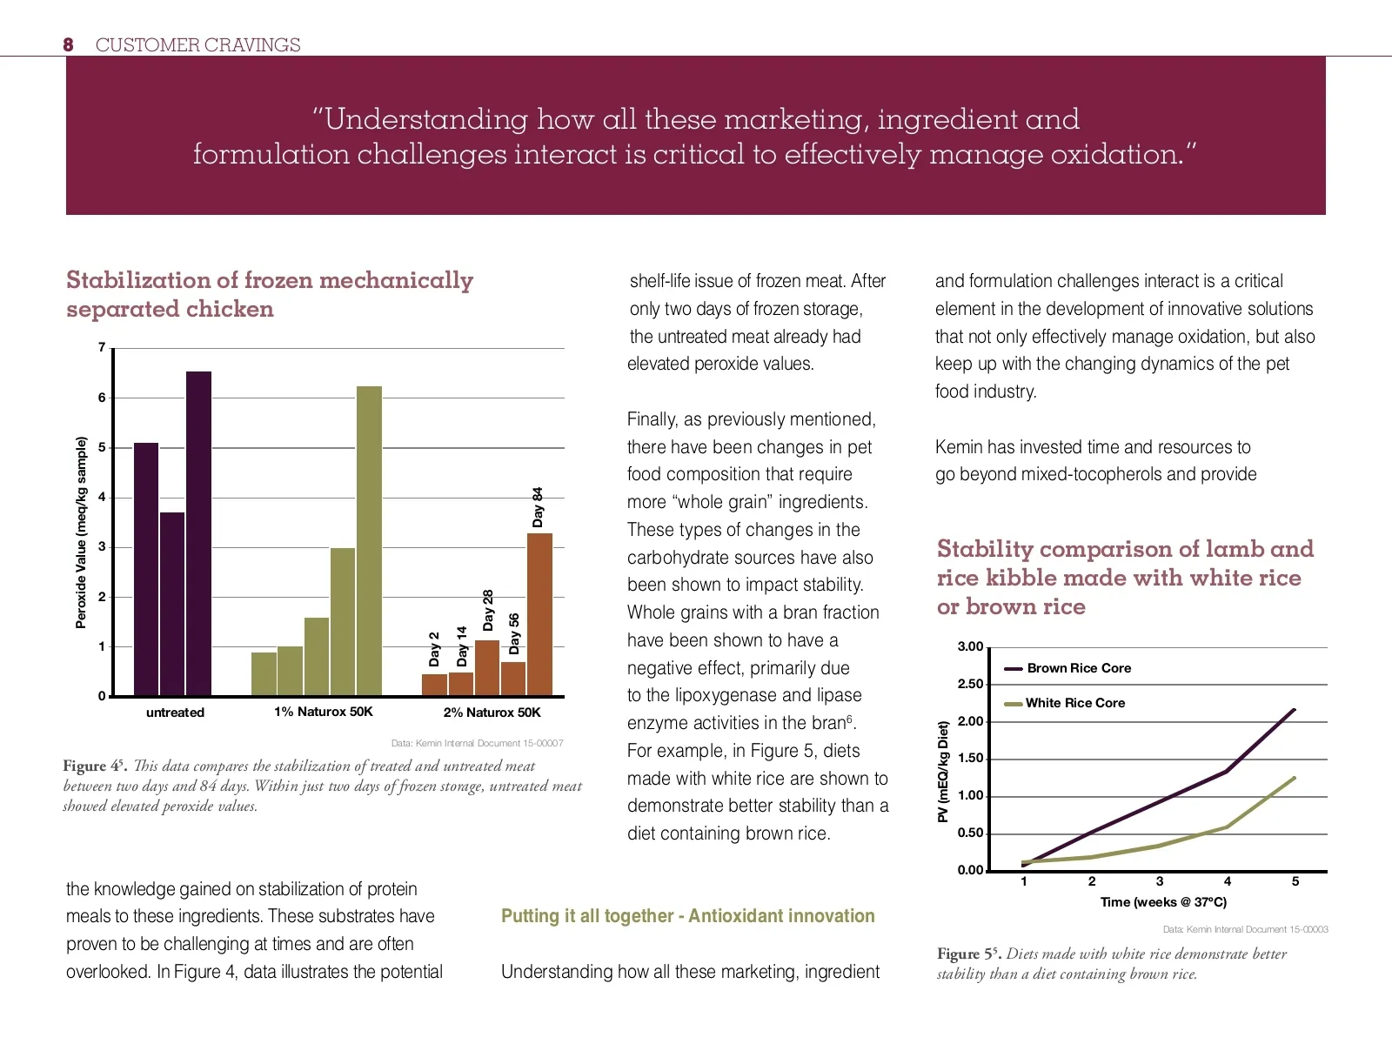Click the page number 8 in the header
click(68, 45)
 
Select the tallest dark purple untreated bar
click(198, 532)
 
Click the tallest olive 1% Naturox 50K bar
click(369, 539)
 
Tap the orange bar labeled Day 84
click(539, 614)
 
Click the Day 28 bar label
click(488, 610)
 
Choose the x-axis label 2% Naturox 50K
click(492, 713)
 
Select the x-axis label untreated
click(175, 713)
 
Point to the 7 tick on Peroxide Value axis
click(102, 347)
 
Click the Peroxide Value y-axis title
click(82, 532)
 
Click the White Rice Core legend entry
click(1075, 703)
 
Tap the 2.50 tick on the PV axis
click(970, 684)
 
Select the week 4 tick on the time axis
click(1228, 881)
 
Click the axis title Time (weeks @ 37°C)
click(1163, 902)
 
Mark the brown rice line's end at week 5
click(1295, 710)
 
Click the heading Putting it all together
click(687, 916)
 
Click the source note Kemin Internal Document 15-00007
click(477, 743)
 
